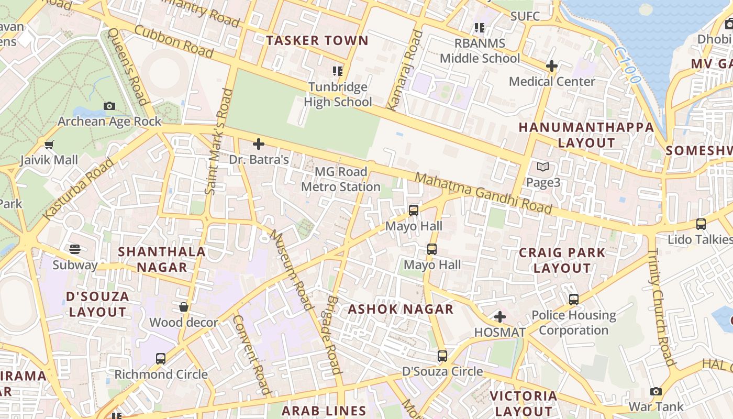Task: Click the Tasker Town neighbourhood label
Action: pyautogui.click(x=317, y=40)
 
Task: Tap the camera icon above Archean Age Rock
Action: pyautogui.click(x=109, y=106)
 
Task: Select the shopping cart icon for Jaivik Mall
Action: pyautogui.click(x=49, y=145)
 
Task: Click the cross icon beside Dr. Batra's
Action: pyautogui.click(x=258, y=144)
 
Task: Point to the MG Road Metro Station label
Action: pyautogui.click(x=341, y=179)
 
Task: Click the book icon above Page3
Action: pyautogui.click(x=543, y=167)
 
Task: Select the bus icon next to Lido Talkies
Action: pyautogui.click(x=701, y=224)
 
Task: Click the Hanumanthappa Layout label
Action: pyautogui.click(x=586, y=135)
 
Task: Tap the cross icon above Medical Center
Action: pyautogui.click(x=551, y=66)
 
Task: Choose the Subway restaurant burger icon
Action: pyautogui.click(x=75, y=249)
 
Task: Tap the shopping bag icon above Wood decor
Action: pyautogui.click(x=184, y=307)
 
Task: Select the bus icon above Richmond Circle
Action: pyautogui.click(x=161, y=359)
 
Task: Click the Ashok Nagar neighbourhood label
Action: pyautogui.click(x=401, y=309)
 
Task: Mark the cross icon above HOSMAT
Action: pyautogui.click(x=500, y=317)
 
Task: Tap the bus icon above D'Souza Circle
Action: pyautogui.click(x=442, y=356)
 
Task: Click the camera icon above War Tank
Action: pyautogui.click(x=656, y=391)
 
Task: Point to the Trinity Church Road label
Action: pyautogui.click(x=661, y=306)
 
